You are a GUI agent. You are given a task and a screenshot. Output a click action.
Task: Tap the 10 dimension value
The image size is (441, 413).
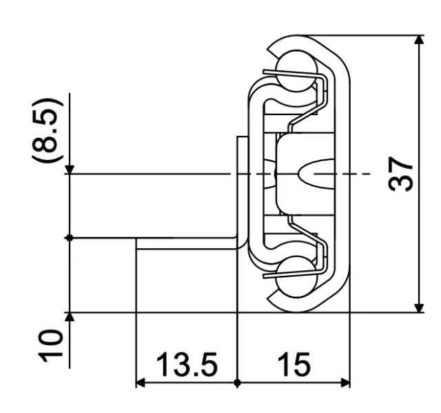50,345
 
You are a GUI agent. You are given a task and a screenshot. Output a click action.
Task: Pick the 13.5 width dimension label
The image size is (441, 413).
185,365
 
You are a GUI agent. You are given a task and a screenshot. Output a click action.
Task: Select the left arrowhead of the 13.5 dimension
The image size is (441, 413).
140,383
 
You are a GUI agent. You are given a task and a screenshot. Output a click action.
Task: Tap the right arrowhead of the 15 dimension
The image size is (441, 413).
346,383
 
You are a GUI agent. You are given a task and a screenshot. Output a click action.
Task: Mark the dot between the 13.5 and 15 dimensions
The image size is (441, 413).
236,383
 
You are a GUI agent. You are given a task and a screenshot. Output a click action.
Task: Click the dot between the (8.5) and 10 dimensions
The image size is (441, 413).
70,238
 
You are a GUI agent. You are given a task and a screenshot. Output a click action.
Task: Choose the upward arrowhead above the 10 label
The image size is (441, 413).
70,317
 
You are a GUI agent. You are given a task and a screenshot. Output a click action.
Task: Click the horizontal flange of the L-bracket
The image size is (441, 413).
186,243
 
